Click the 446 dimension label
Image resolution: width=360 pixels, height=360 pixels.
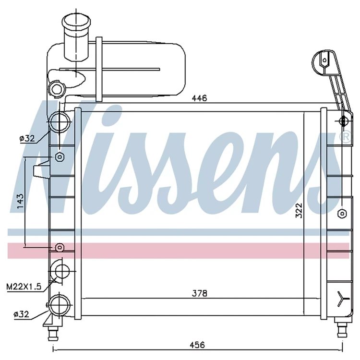[x=199, y=98]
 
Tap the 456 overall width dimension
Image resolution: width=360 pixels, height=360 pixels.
[x=197, y=345]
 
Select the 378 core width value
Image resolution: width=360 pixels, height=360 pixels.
[x=199, y=293]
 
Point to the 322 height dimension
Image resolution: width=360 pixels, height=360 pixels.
[x=299, y=210]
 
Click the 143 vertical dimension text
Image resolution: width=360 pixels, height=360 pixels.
[x=20, y=201]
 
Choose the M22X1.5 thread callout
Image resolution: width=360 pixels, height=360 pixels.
[x=24, y=287]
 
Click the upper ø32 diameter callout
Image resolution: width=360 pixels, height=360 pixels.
[x=27, y=138]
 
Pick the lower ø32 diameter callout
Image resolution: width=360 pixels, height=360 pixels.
[x=21, y=314]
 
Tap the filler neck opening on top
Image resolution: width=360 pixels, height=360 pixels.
[x=76, y=21]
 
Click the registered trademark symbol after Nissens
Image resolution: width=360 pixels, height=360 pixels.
[x=345, y=137]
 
